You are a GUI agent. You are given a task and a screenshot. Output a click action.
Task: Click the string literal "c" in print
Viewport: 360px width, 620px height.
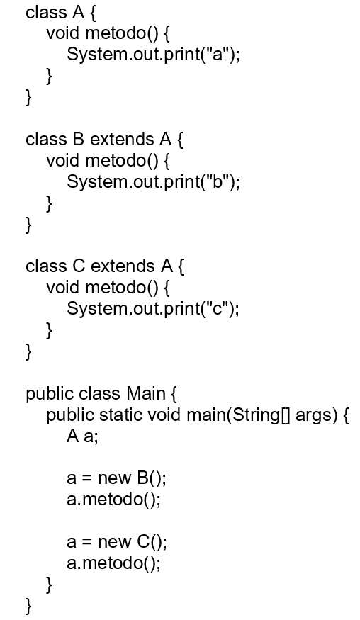[217, 308]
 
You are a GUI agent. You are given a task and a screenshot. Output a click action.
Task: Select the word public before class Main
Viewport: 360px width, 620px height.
[50, 394]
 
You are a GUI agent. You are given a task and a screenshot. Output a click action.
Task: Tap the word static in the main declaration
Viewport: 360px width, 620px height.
[120, 415]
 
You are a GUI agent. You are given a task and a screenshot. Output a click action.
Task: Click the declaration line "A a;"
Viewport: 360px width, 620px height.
[82, 436]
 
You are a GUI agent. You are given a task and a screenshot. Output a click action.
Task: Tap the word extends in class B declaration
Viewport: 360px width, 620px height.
[122, 139]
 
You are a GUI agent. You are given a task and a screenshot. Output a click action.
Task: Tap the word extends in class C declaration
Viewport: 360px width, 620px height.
[123, 266]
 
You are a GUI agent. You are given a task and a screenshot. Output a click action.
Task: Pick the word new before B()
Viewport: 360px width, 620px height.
[114, 478]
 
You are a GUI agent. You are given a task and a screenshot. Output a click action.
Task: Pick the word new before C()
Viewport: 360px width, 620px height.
[114, 541]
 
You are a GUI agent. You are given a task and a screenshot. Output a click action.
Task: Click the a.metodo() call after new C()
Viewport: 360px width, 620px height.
[114, 563]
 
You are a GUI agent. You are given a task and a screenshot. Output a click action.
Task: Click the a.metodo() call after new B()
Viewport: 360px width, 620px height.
[114, 499]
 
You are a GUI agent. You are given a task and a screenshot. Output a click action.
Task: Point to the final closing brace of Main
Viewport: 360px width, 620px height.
[29, 605]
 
